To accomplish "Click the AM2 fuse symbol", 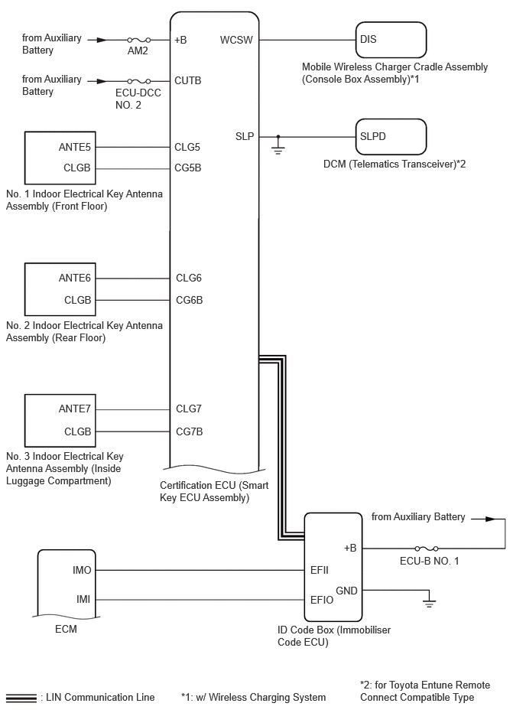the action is [138, 41].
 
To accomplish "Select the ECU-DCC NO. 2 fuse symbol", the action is [138, 82].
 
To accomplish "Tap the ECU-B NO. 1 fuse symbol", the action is [427, 549].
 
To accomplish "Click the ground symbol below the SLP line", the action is [278, 146].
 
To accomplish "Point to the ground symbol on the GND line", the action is [430, 599].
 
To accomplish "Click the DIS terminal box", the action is [391, 40].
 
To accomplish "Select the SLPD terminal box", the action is [391, 137].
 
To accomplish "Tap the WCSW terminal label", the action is [236, 40].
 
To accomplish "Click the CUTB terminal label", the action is [188, 80].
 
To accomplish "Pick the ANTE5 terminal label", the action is [75, 147].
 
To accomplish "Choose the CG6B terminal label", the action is [189, 300].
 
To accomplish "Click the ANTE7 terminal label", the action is [75, 409].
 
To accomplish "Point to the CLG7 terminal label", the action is [189, 409].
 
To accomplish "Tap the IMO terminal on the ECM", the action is [82, 571].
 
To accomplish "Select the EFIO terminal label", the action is [322, 600].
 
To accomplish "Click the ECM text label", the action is [67, 630].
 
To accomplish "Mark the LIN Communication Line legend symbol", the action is [21, 698].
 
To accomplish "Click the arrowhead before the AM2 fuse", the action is [102, 41].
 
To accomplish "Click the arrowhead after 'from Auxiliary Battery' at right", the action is [490, 519].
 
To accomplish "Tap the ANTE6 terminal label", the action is [75, 278].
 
